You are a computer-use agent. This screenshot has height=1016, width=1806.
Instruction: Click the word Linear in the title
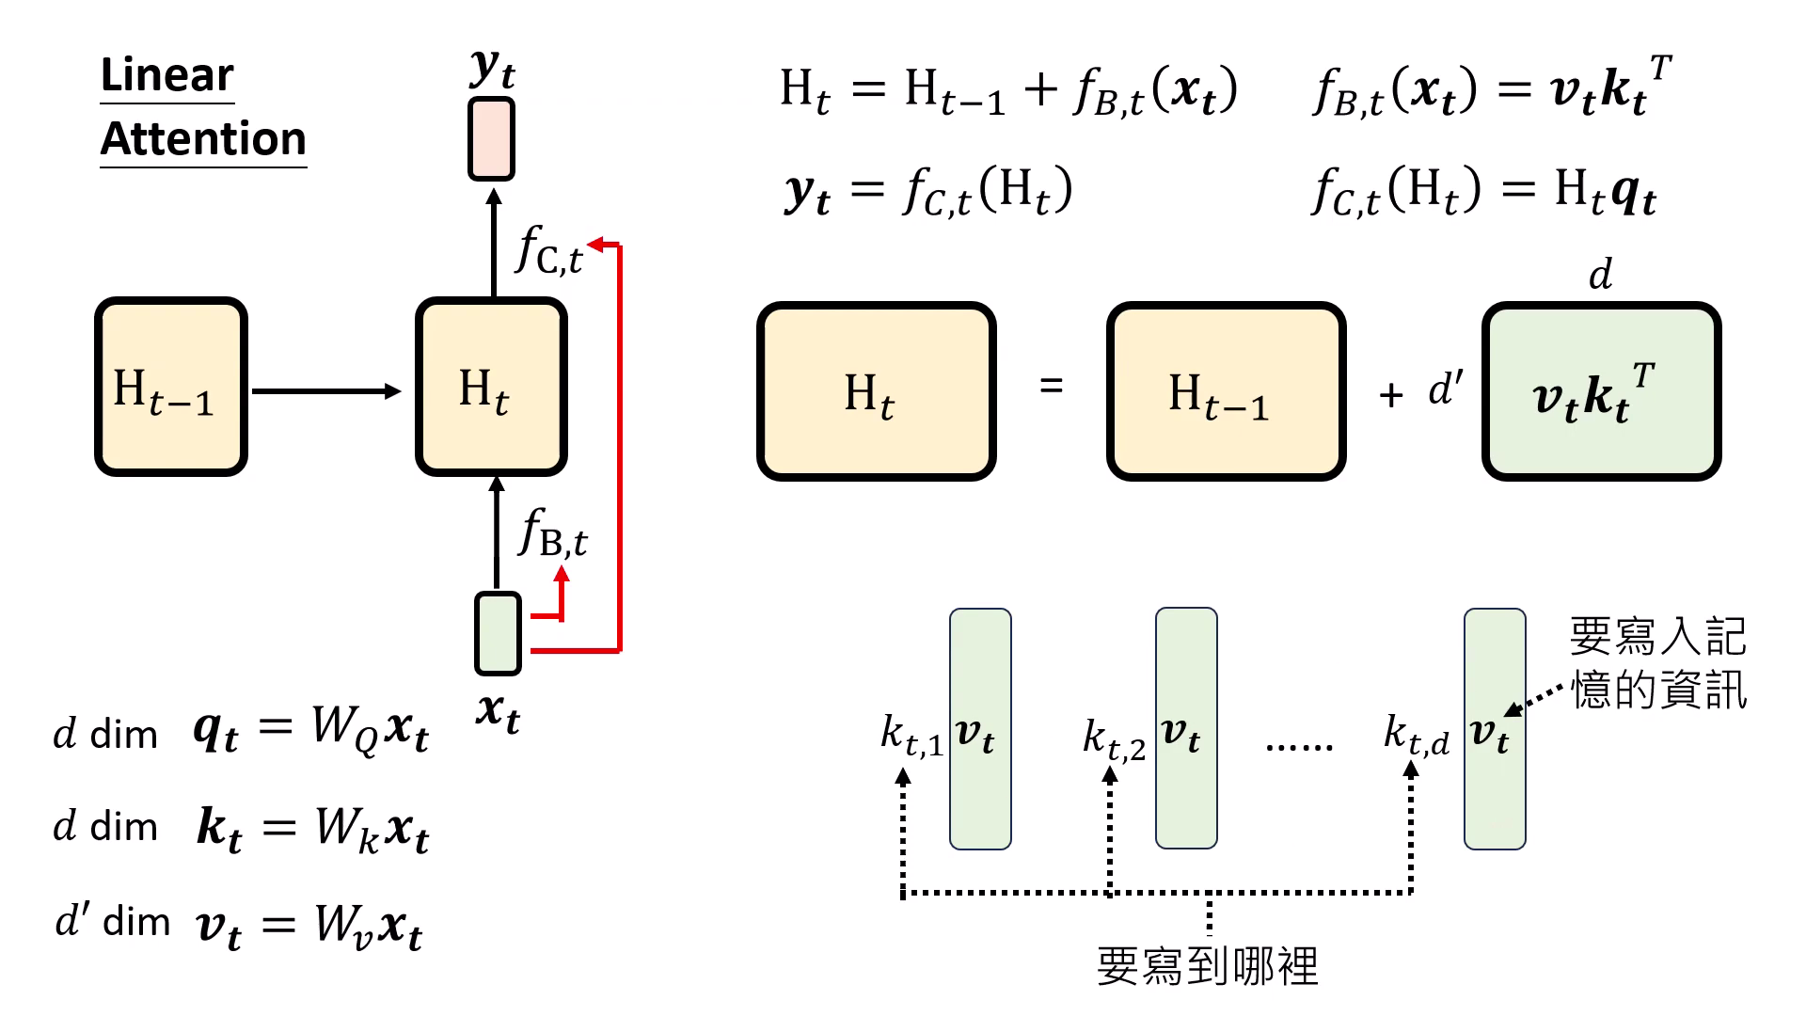[x=166, y=75]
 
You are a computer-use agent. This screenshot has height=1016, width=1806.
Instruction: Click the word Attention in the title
[x=203, y=139]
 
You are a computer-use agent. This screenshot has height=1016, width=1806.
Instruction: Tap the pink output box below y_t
[x=491, y=139]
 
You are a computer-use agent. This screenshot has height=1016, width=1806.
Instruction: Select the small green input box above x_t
[x=498, y=633]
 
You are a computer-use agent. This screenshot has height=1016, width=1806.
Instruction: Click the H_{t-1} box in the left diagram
[x=170, y=388]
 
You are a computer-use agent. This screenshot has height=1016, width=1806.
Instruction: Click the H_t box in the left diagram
[x=491, y=388]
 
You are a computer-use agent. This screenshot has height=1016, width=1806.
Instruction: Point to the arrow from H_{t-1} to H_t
[x=325, y=391]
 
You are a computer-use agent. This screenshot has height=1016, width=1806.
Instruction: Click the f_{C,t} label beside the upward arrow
[x=549, y=251]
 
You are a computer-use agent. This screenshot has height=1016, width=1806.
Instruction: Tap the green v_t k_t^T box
[x=1601, y=391]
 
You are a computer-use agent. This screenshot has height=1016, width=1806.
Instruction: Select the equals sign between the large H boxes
[x=1052, y=386]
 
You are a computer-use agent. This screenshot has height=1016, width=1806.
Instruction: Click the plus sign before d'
[x=1391, y=395]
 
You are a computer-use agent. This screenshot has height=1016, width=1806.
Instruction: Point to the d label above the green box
[x=1600, y=276]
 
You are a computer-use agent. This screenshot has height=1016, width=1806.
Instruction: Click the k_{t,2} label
[x=1114, y=738]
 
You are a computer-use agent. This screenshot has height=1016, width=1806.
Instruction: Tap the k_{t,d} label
[x=1416, y=735]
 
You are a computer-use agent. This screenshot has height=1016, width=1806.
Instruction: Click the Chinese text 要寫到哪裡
[x=1208, y=966]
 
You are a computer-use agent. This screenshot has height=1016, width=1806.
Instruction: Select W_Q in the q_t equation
[x=344, y=729]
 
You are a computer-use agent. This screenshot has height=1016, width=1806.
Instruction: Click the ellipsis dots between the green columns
[x=1299, y=746]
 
